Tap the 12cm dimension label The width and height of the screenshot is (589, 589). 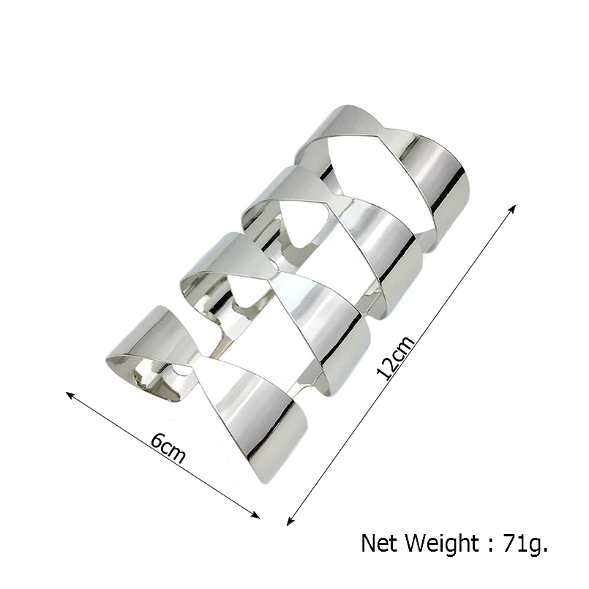point(396,357)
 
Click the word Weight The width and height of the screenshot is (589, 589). point(444,544)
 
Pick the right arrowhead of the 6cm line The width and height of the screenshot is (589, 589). point(256,515)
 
